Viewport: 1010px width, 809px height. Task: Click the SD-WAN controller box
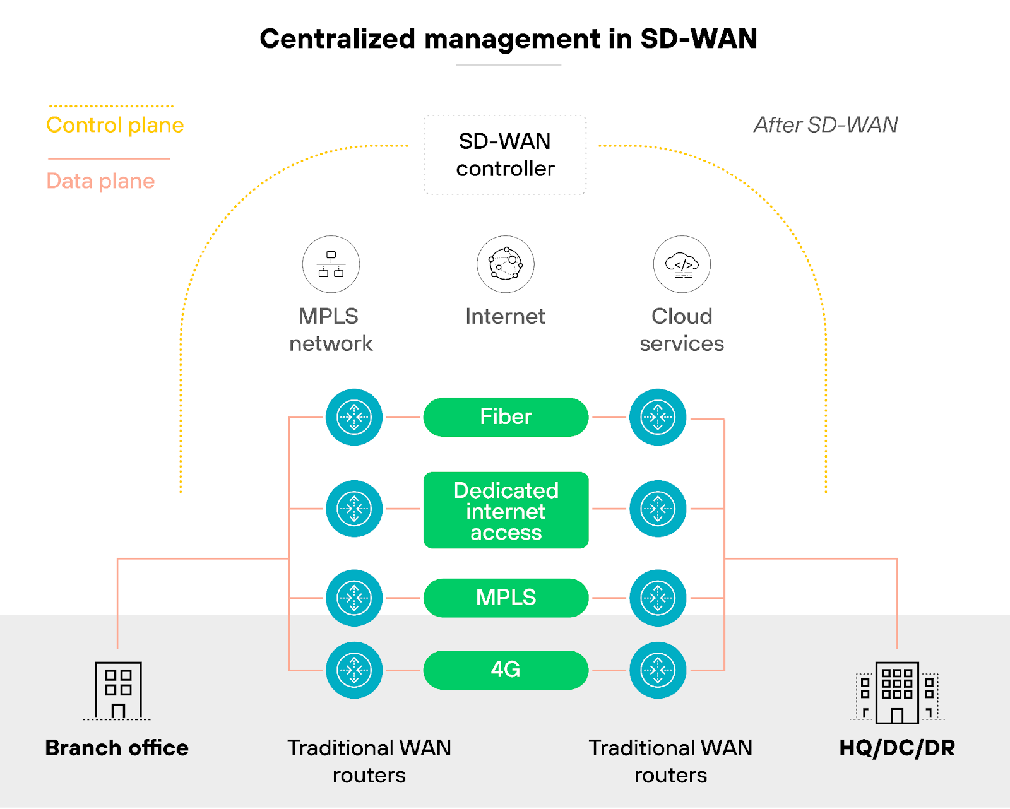505,155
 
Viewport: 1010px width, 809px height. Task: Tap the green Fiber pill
506,417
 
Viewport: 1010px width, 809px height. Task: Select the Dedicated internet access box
506,511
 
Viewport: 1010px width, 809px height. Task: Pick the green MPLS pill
506,598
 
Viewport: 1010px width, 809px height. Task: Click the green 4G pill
506,670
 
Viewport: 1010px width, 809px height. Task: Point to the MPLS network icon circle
331,264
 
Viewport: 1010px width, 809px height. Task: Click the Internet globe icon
505,264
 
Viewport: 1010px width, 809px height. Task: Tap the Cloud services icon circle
682,264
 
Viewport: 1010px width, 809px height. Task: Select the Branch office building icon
118,690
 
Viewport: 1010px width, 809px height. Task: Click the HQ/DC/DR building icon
897,692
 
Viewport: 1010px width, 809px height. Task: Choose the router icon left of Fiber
354,417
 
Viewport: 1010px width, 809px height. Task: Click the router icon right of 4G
658,670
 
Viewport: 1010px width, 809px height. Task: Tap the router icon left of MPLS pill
354,598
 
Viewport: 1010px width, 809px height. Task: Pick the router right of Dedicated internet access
658,509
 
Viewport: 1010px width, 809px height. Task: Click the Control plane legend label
115,125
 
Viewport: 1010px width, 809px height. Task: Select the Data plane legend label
100,181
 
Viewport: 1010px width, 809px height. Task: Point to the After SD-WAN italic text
826,125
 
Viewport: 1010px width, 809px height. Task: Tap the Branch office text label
117,748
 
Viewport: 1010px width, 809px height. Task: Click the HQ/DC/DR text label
897,748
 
